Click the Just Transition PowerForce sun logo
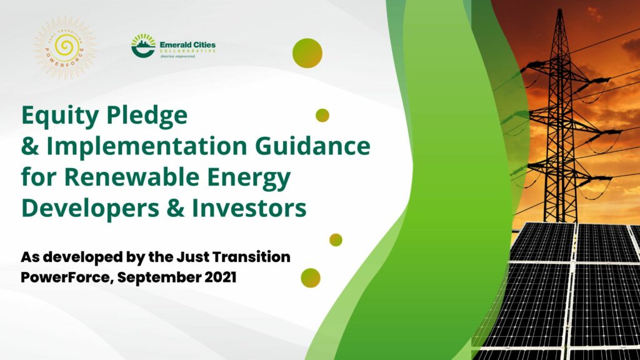point(65,47)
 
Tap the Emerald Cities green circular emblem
point(143,46)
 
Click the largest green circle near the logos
point(307,53)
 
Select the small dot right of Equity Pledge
point(322,115)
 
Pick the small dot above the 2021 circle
point(336,240)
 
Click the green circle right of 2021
point(311,277)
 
